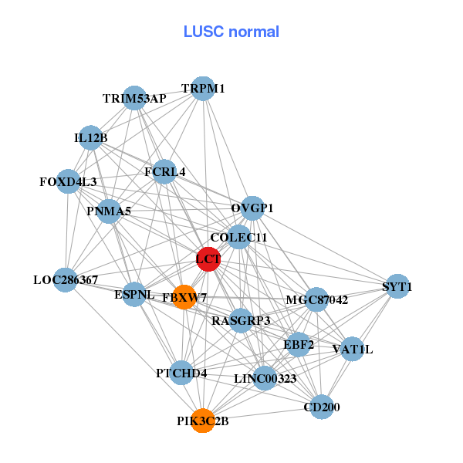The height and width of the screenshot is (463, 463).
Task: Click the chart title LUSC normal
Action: [231, 32]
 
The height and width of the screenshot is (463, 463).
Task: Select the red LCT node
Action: [208, 259]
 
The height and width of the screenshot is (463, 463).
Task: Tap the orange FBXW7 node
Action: [184, 297]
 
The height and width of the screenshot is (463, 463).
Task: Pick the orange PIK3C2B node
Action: [202, 421]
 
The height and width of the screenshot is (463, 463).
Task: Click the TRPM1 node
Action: [202, 89]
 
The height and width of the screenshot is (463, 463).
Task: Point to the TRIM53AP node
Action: [135, 98]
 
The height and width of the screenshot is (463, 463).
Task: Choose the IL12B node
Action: [91, 138]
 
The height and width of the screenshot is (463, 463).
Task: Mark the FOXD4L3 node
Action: [69, 182]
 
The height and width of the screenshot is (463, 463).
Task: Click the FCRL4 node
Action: [164, 171]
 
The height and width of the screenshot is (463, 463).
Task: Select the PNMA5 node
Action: [109, 211]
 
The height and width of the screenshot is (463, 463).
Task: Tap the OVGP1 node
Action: [252, 208]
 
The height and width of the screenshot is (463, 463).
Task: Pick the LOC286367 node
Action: [66, 279]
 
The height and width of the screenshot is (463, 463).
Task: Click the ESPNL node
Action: [135, 294]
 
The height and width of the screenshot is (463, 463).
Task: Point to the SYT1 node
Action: [397, 287]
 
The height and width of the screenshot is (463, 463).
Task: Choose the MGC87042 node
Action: [316, 299]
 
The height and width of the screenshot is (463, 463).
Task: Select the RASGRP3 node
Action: [241, 320]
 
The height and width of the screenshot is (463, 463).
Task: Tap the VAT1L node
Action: [352, 350]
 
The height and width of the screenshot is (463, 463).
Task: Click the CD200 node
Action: [321, 407]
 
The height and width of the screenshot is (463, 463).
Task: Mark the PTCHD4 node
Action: [181, 373]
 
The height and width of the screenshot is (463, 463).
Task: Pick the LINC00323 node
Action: [265, 378]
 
